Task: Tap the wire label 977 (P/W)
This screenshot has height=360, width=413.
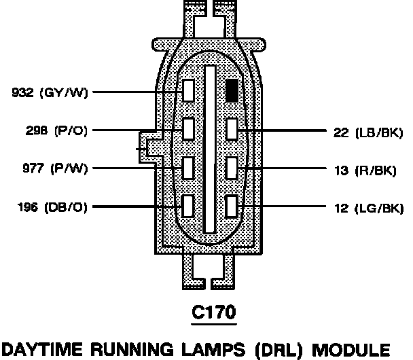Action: click(x=46, y=168)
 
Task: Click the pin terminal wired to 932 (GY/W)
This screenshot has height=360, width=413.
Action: click(x=189, y=90)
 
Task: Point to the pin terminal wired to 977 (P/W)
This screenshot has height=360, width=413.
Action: click(x=189, y=167)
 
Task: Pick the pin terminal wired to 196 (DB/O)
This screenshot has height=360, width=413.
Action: click(x=189, y=205)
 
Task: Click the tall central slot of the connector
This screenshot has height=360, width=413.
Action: click(x=211, y=149)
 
